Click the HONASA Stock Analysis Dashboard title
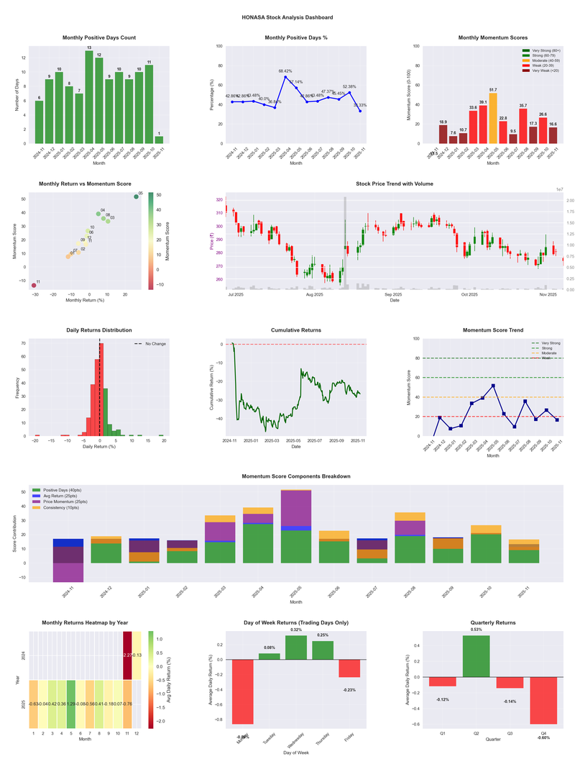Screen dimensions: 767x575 point(287,17)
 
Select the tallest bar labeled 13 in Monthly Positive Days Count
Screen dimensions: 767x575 point(89,97)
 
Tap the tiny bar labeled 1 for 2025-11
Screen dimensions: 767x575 point(159,140)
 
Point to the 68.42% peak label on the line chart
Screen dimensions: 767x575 point(285,71)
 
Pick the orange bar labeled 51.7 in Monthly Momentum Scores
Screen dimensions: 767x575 point(493,118)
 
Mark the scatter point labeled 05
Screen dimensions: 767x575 point(137,196)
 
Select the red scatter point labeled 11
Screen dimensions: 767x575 point(33,286)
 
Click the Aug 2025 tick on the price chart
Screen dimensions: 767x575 point(314,295)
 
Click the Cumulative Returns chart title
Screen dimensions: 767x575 point(295,330)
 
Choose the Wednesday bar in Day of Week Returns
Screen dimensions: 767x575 point(296,648)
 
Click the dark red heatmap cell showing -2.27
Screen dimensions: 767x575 point(127,655)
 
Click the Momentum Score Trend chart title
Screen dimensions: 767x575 point(492,330)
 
